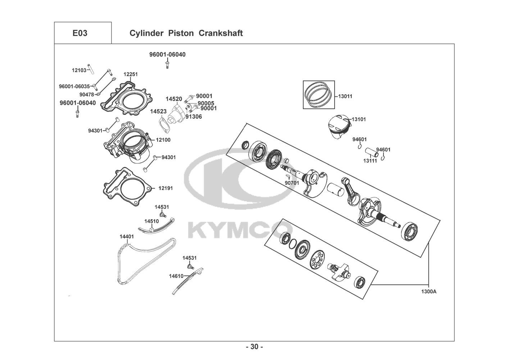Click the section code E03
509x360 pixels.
80,33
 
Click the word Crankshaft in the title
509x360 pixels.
221,33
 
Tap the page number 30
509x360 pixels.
255,347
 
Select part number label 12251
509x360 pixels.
131,74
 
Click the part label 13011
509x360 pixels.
345,96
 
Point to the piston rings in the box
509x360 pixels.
319,94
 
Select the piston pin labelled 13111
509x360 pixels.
371,152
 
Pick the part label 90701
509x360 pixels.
292,183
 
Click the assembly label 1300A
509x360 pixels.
429,291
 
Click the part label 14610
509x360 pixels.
176,276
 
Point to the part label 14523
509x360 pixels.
158,112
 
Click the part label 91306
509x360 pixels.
194,116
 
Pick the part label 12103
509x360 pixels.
79,70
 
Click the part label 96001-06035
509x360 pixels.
74,86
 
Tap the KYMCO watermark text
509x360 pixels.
240,231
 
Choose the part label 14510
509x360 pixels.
151,221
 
